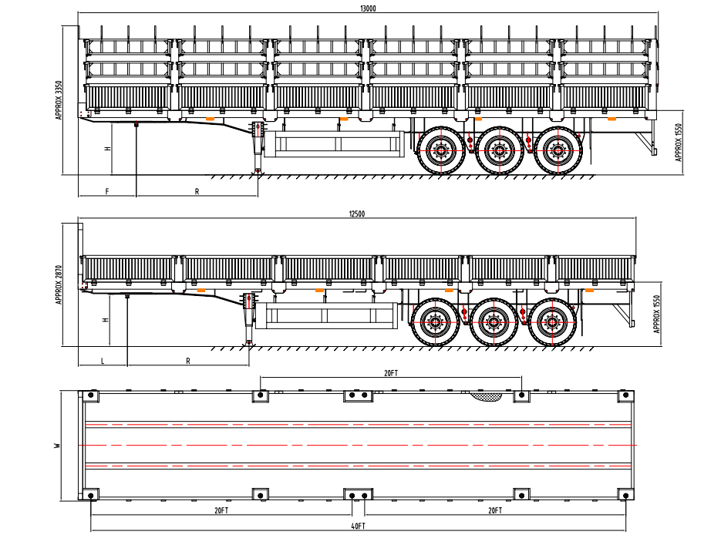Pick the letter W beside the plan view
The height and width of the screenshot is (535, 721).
pyautogui.click(x=57, y=446)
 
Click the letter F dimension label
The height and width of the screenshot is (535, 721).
pyautogui.click(x=106, y=191)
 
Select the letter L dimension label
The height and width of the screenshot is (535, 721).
pyautogui.click(x=102, y=360)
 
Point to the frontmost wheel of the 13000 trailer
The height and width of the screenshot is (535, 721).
pyautogui.click(x=440, y=150)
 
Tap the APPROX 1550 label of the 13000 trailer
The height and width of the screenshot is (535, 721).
pyautogui.click(x=679, y=142)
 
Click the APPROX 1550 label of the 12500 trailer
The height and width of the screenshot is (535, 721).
pyautogui.click(x=657, y=314)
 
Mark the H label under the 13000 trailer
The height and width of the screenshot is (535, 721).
pyautogui.click(x=107, y=148)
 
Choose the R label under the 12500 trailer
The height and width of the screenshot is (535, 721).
pyautogui.click(x=187, y=360)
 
